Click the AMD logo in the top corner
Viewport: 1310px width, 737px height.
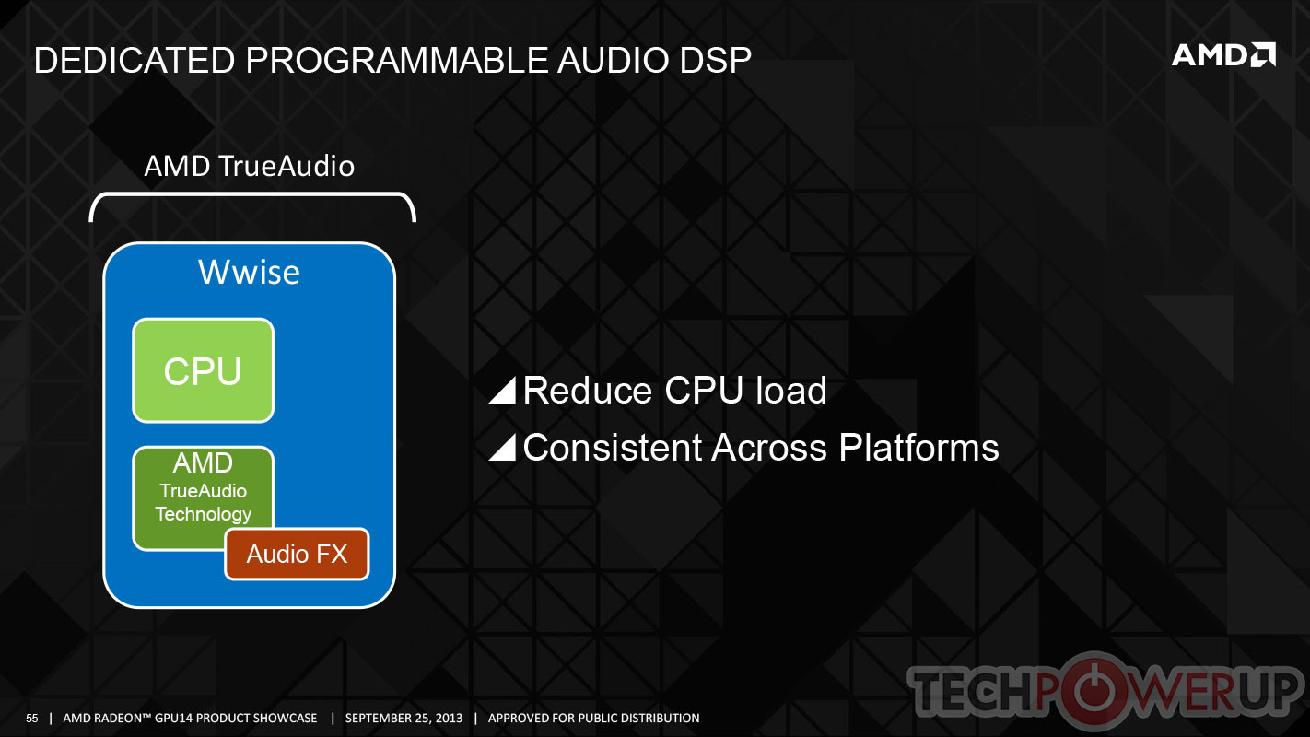coord(1223,55)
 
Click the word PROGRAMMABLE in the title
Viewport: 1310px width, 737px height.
coord(396,60)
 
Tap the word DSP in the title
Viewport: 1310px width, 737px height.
coord(715,60)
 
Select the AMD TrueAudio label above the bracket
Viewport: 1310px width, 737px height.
coord(249,166)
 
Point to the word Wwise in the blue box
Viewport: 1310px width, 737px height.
coord(249,272)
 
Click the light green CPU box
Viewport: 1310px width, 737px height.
coord(203,370)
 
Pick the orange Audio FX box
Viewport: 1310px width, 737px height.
coord(297,554)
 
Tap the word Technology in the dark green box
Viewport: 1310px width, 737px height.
coord(203,513)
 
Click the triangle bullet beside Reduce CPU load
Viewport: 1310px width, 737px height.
coord(502,390)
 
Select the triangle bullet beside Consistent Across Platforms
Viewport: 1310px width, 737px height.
coord(502,448)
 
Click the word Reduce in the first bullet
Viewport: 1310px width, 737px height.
coord(587,390)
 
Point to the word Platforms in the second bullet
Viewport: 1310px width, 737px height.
coord(918,448)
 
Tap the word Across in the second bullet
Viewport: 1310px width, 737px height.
coord(769,448)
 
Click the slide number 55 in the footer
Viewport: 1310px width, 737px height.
coord(31,719)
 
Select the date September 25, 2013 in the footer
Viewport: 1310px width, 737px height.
coord(404,719)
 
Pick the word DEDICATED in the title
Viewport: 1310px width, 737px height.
coord(135,60)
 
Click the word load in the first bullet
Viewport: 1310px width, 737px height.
coord(791,390)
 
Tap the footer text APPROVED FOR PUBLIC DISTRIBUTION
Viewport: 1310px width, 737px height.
coord(593,719)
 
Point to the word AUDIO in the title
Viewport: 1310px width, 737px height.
coord(614,60)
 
